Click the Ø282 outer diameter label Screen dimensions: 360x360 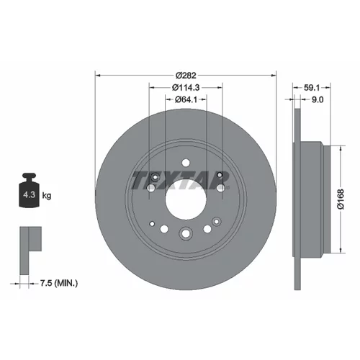tap(186, 76)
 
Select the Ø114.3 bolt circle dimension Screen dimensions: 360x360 tap(186, 87)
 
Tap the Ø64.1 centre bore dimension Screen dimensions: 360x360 tap(186, 99)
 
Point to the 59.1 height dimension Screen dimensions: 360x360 tap(312, 88)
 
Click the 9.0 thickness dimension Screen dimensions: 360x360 tap(318, 99)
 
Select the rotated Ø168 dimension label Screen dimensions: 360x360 tap(341, 199)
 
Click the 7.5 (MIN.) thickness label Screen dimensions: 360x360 tap(59, 284)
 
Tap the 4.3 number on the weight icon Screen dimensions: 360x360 tap(29, 194)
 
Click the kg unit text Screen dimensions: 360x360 tap(47, 196)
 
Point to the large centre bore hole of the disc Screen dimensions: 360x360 tap(186, 199)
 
